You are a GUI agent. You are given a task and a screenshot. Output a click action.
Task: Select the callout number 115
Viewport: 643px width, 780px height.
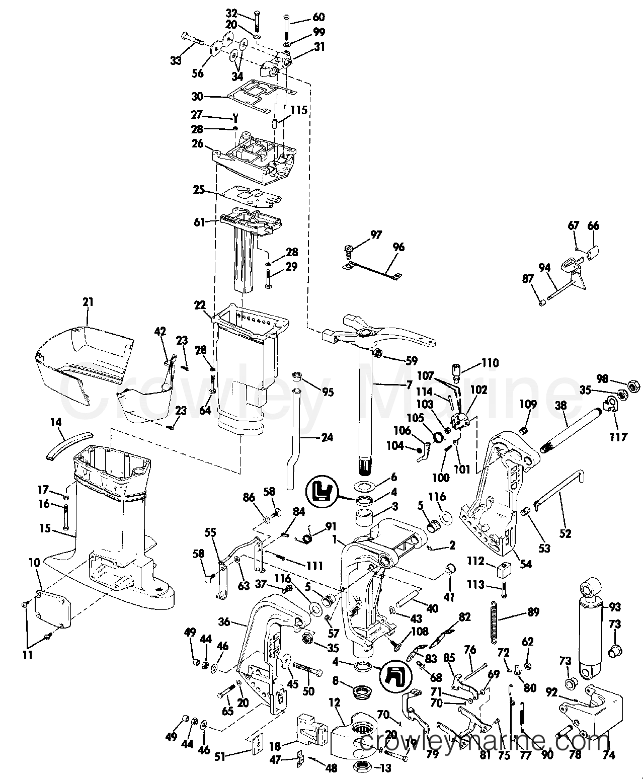(x=299, y=110)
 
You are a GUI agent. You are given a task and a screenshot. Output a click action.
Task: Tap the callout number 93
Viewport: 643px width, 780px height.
(x=615, y=607)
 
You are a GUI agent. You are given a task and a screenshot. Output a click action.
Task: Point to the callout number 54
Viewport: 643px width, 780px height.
(x=526, y=564)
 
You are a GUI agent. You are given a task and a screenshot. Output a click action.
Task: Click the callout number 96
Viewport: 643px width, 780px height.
(x=398, y=247)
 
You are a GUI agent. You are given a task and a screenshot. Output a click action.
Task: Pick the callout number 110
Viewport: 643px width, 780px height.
(x=490, y=363)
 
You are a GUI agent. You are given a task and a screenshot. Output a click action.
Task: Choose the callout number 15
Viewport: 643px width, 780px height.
(x=45, y=528)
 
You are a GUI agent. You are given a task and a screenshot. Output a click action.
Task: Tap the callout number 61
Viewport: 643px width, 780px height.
(x=199, y=222)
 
